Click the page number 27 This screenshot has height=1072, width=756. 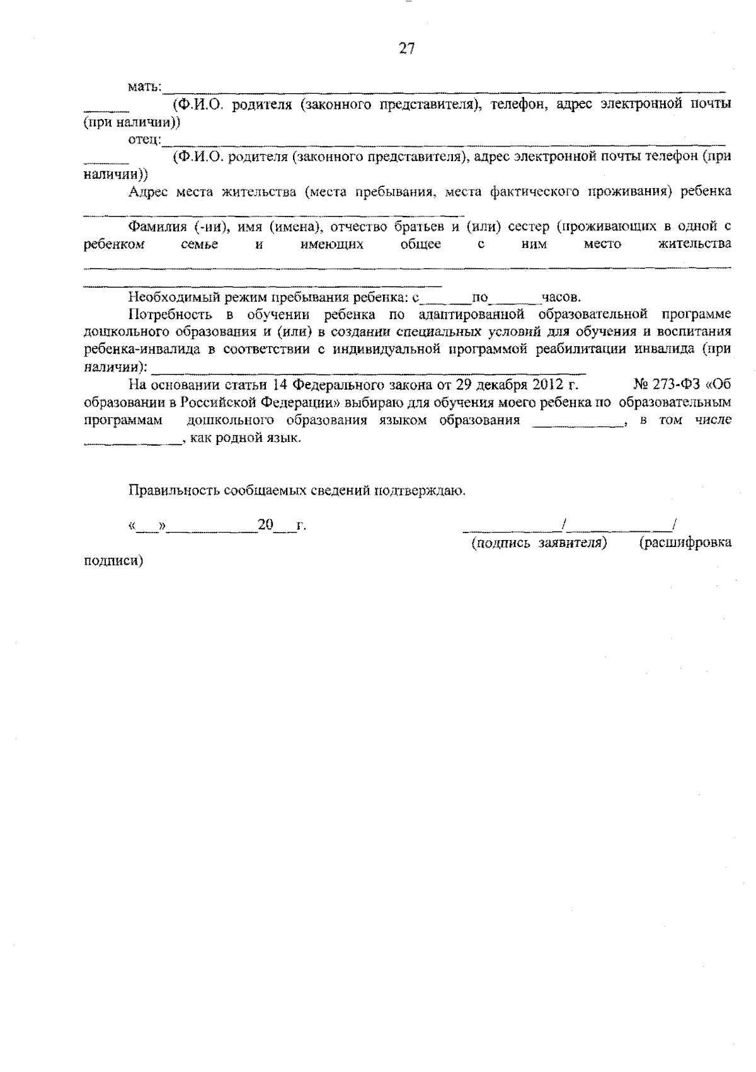407,48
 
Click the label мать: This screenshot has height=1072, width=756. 146,86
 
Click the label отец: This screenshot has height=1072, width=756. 145,139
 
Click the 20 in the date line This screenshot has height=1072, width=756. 265,525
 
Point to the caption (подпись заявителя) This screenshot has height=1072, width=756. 539,543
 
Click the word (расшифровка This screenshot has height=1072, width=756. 685,543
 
